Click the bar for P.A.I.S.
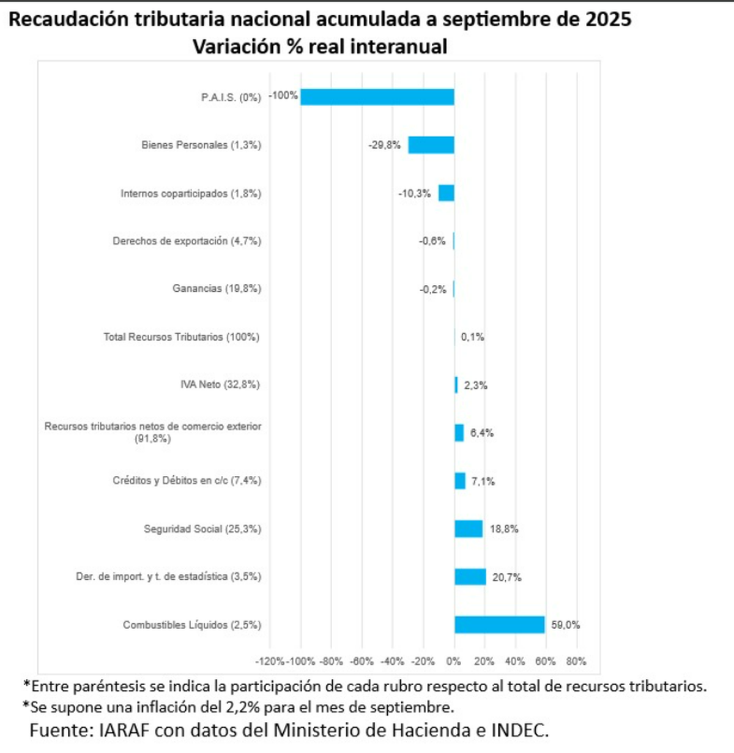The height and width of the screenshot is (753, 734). pyautogui.click(x=377, y=97)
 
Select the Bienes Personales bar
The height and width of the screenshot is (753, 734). pyautogui.click(x=431, y=145)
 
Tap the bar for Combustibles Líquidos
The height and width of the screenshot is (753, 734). pyautogui.click(x=499, y=625)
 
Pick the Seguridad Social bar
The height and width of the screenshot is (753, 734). pyautogui.click(x=469, y=529)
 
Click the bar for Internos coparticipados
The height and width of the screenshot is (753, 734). pyautogui.click(x=447, y=193)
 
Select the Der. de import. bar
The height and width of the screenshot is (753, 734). pyautogui.click(x=470, y=577)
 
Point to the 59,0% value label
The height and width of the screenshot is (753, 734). pyautogui.click(x=565, y=625)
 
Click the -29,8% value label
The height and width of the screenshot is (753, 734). pyautogui.click(x=384, y=145)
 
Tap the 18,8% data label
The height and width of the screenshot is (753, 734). pyautogui.click(x=504, y=529)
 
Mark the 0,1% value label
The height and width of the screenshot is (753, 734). pyautogui.click(x=472, y=337)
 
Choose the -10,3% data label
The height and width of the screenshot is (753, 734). pyautogui.click(x=414, y=193)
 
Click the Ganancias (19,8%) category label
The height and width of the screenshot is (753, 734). pyautogui.click(x=217, y=288)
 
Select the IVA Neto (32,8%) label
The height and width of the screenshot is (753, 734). pyautogui.click(x=220, y=384)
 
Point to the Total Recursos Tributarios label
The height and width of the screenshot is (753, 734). pyautogui.click(x=181, y=337)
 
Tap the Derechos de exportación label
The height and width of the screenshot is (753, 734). pyautogui.click(x=187, y=241)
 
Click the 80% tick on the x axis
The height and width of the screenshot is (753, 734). pyautogui.click(x=576, y=661)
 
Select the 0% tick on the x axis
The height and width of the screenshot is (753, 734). pyautogui.click(x=454, y=661)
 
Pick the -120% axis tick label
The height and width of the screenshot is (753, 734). pyautogui.click(x=270, y=661)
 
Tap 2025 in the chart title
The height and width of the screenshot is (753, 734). pyautogui.click(x=608, y=20)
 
